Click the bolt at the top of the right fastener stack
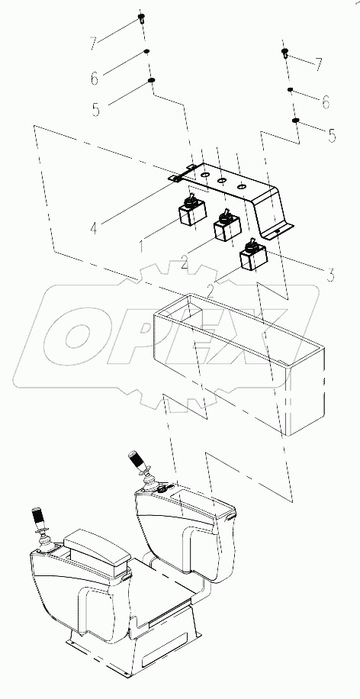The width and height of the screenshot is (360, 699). tap(284, 53)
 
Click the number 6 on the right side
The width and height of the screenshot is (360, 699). tap(325, 101)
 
